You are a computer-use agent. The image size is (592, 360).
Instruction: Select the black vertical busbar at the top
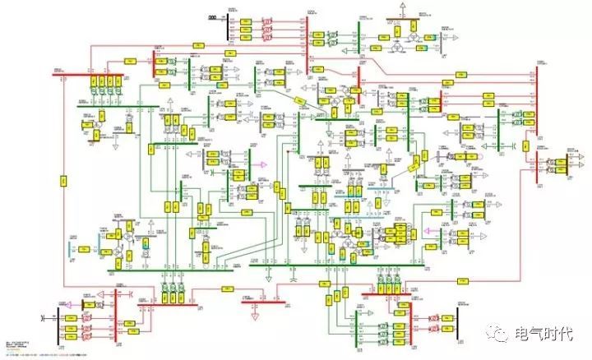[x=227, y=27]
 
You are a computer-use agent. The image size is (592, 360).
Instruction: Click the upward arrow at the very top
[x=402, y=5]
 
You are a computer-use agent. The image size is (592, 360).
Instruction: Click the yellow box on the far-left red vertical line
[x=62, y=178]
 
